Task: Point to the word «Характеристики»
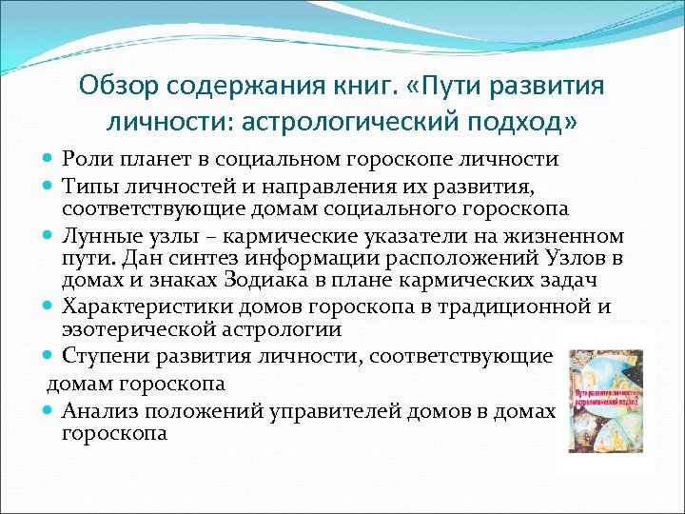[141, 306]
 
